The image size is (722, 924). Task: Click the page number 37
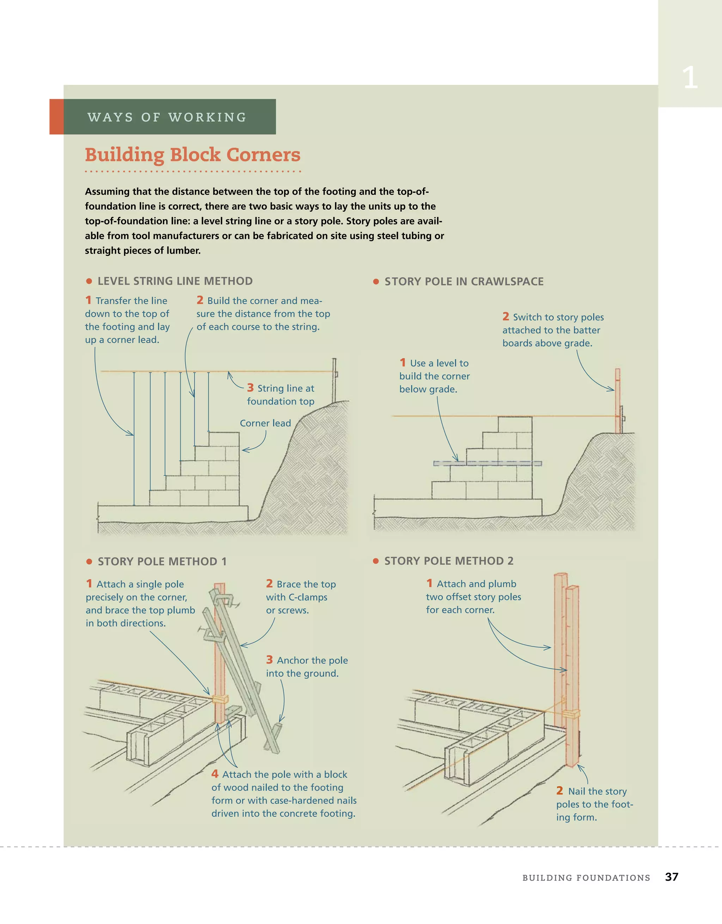click(x=671, y=877)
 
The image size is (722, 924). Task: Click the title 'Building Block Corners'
click(x=192, y=155)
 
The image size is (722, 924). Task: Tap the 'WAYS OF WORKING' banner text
click(x=167, y=117)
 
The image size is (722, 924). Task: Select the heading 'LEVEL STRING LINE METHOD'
click(x=175, y=281)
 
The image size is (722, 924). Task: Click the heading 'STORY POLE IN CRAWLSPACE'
click(x=464, y=282)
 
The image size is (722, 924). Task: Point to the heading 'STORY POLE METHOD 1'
click(x=162, y=561)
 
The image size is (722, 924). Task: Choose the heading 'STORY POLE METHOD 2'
click(x=448, y=561)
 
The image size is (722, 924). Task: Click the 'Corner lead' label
click(x=265, y=423)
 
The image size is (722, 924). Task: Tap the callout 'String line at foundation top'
click(x=281, y=395)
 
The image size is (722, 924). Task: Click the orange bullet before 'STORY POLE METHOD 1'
click(x=89, y=562)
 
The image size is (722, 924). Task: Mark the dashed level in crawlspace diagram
click(x=487, y=464)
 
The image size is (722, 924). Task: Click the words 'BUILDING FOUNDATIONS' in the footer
click(x=586, y=878)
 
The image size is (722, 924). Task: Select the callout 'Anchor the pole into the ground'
click(x=307, y=667)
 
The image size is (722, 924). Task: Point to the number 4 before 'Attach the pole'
click(x=215, y=774)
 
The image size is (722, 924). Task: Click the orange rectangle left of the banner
click(x=57, y=117)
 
